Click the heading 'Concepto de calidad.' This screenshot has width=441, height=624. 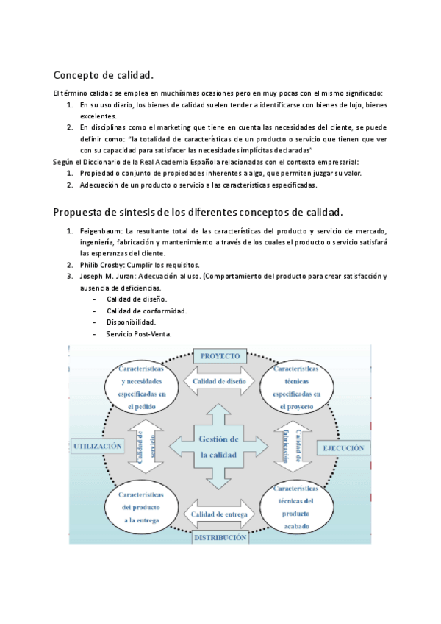(x=103, y=74)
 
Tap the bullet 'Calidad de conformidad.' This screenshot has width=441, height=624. (x=146, y=311)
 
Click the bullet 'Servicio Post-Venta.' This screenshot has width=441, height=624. (x=138, y=334)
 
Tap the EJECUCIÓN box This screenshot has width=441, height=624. (x=341, y=447)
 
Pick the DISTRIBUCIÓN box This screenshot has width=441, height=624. (x=220, y=538)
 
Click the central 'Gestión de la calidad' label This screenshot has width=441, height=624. (x=220, y=447)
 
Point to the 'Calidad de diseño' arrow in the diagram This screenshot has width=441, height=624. (x=220, y=381)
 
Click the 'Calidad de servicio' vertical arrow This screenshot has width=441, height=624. (x=146, y=447)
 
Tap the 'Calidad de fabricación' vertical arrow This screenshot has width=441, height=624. (x=293, y=447)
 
